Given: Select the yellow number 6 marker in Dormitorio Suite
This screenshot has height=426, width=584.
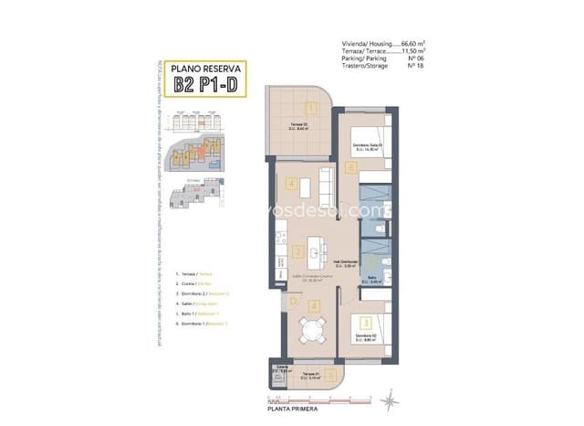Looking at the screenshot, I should [351, 167].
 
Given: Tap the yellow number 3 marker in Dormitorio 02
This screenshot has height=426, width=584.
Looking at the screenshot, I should [364, 323].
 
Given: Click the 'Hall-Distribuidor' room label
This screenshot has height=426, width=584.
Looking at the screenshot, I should [347, 261].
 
